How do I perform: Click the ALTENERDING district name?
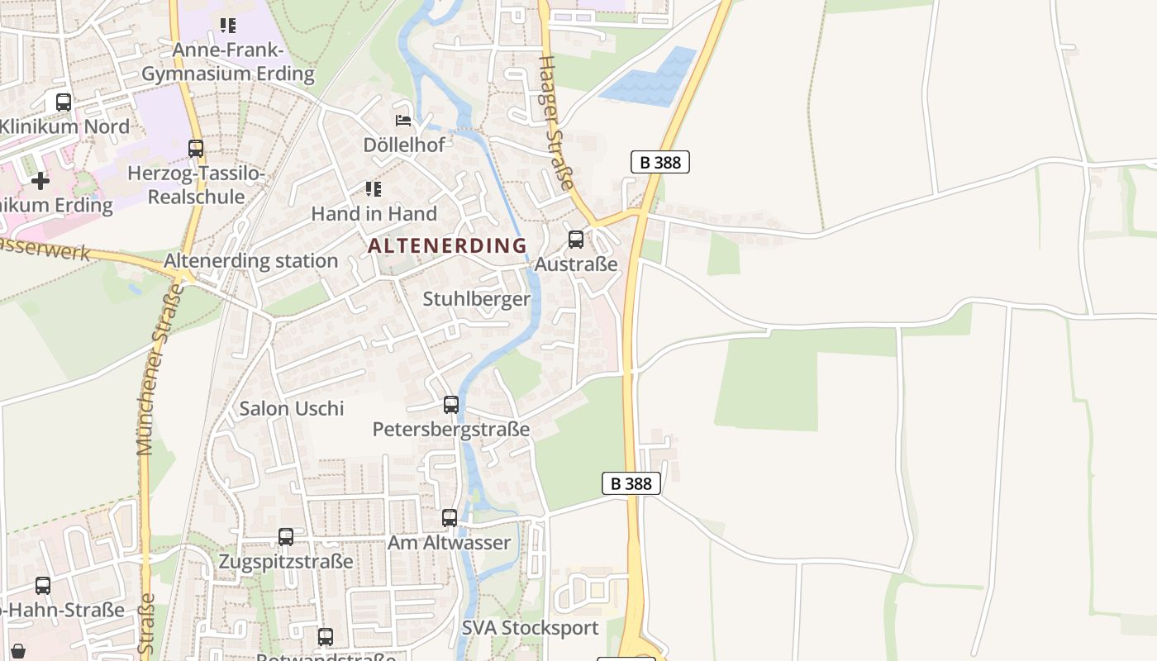(x=447, y=245)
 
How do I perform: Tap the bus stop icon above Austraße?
(x=576, y=240)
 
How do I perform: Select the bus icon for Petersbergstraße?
(x=451, y=405)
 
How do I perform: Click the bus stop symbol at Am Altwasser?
(x=450, y=518)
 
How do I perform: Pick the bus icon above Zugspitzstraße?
(x=286, y=537)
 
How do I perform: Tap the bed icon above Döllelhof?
(x=403, y=121)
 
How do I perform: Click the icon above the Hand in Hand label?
(x=374, y=189)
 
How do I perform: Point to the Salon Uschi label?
(x=292, y=408)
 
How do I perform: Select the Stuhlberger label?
(x=477, y=299)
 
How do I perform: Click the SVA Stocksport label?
(x=530, y=628)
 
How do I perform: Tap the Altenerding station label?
(x=251, y=261)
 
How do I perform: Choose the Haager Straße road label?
(x=555, y=124)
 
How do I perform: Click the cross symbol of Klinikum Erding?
(x=40, y=180)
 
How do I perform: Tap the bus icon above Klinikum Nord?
(x=64, y=102)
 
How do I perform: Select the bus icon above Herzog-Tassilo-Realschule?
(x=196, y=149)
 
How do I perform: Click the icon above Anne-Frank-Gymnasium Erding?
(x=228, y=26)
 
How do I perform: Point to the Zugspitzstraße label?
(x=286, y=562)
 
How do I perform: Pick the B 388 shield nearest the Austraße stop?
(x=660, y=162)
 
